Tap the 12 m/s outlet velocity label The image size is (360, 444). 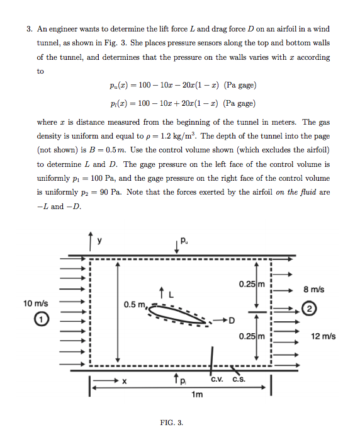323,336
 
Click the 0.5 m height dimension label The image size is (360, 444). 135,305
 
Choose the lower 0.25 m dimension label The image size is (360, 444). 251,336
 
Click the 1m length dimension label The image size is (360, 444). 197,395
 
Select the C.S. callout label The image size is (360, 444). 239,379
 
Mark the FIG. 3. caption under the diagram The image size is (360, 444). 171,422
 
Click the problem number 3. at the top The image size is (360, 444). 29,30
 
